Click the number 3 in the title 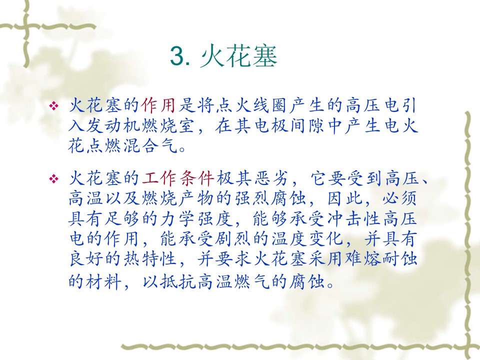(176, 56)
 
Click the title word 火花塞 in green (239, 56)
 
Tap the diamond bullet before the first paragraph (54, 106)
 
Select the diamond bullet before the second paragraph (54, 178)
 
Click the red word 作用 (158, 105)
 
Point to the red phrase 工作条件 (178, 178)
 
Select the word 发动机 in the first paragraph (114, 126)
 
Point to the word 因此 (345, 198)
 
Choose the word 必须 (399, 198)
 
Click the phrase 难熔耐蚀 (381, 259)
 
